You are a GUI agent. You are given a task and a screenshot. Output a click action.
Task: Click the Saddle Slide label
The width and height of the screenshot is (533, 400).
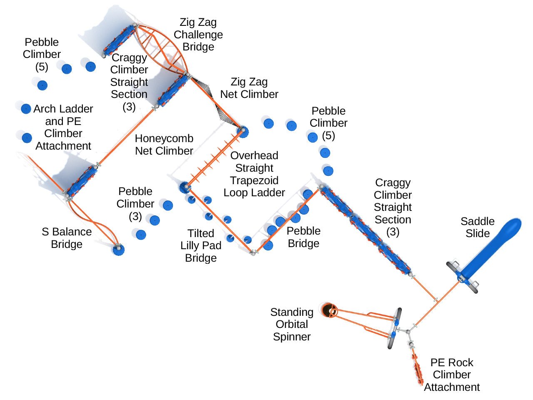[477, 227]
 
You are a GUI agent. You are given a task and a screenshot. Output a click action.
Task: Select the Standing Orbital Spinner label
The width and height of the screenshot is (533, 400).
[291, 324]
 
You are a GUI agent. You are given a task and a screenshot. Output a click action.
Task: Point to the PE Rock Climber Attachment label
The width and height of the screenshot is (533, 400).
[452, 375]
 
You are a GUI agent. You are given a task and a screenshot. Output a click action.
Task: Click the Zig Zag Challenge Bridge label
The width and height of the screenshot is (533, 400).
[198, 35]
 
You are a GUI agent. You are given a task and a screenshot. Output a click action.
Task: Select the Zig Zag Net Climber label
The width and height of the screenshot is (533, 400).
[249, 88]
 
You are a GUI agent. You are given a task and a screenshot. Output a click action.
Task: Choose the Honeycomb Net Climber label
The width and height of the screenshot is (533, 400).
[164, 145]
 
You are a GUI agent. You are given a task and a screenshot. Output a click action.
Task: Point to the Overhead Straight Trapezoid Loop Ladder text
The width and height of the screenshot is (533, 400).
[254, 174]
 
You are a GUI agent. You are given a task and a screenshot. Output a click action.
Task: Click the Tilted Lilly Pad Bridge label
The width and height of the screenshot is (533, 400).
[201, 245]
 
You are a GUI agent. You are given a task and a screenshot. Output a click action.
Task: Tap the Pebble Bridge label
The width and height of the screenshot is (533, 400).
[304, 237]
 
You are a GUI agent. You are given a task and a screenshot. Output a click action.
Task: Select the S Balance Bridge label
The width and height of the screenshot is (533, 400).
[67, 238]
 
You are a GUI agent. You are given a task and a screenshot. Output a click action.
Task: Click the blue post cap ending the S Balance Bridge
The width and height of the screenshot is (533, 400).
[118, 249]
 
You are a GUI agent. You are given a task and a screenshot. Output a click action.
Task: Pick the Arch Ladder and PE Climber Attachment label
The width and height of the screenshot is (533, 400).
[63, 127]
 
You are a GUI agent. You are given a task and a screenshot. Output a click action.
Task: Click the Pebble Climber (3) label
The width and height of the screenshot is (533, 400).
[135, 204]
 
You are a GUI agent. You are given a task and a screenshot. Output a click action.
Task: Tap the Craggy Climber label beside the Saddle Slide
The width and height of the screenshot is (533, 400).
[393, 207]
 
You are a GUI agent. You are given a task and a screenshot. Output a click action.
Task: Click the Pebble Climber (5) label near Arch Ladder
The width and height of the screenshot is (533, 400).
[42, 54]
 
